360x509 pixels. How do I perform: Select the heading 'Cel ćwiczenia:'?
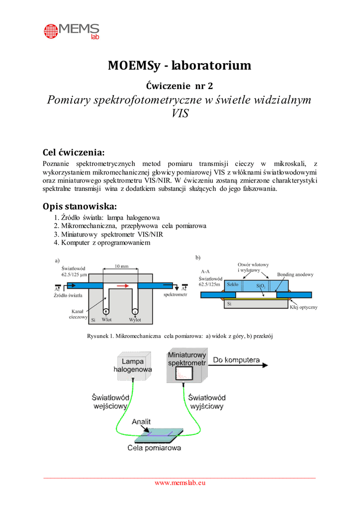(74, 152)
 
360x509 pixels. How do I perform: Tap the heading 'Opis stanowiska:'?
(80, 206)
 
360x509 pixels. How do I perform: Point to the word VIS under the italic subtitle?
(180, 113)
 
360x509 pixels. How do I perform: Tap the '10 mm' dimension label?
(121, 266)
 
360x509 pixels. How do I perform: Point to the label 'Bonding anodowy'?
(295, 274)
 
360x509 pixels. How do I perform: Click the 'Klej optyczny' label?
(303, 307)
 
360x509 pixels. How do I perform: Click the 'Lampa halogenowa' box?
(133, 366)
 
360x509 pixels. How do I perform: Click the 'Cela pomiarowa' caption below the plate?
(154, 447)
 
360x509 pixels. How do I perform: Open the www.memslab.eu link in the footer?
(180, 482)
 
